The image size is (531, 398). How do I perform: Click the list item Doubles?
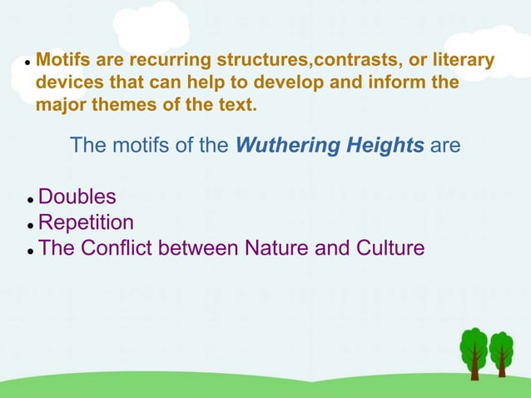click(77, 198)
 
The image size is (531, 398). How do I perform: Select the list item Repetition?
click(87, 223)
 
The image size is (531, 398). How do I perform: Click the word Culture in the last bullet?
click(385, 248)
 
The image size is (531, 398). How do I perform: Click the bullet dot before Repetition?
click(29, 226)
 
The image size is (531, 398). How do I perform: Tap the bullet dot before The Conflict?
click(29, 251)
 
